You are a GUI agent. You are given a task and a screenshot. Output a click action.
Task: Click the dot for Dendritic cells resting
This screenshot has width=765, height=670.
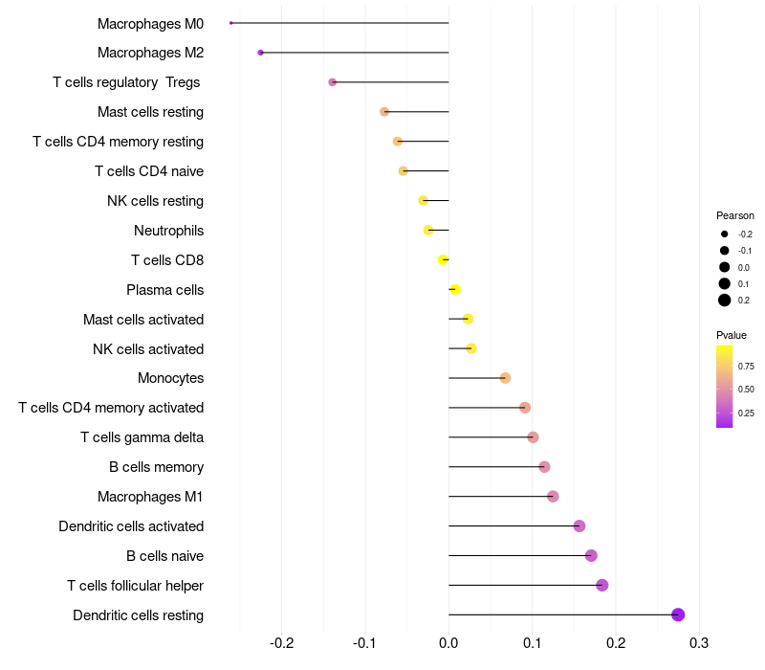(678, 614)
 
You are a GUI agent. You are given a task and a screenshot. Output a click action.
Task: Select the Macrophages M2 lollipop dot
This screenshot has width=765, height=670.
(261, 53)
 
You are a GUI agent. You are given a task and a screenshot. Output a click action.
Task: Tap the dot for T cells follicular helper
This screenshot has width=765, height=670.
(601, 585)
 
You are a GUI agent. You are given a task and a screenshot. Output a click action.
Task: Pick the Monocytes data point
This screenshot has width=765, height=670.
(505, 378)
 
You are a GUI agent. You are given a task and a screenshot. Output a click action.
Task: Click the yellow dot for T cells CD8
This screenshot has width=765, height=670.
(443, 259)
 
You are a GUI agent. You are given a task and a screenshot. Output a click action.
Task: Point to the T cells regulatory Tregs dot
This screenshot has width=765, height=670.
(333, 82)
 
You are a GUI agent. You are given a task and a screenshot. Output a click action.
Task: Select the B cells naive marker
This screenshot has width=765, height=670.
(591, 555)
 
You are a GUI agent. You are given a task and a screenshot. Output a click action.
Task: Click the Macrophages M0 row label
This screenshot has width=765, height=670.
(150, 23)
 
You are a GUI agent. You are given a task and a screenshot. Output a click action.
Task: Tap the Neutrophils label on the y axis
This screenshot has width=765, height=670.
(168, 231)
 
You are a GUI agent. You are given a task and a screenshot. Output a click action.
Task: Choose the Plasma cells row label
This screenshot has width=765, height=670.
(164, 290)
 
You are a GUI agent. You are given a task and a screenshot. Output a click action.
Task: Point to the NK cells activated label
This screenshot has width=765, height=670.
(148, 349)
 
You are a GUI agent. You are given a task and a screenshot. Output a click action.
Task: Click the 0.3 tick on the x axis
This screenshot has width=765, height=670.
(699, 641)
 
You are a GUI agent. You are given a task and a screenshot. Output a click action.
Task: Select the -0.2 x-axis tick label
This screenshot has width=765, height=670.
(282, 641)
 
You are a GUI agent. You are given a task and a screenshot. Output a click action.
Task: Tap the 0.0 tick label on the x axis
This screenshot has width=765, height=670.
(448, 641)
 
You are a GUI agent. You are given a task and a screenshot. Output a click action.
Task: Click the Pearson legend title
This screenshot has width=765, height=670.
(735, 215)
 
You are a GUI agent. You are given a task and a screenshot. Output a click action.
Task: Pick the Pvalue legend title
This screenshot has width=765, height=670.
(732, 335)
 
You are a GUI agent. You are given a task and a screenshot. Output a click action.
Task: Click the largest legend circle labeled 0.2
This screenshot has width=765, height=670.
(725, 301)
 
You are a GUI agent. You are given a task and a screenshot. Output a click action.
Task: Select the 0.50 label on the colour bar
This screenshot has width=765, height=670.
(746, 390)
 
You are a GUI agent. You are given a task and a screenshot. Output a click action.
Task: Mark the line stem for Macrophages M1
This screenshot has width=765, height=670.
(497, 496)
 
